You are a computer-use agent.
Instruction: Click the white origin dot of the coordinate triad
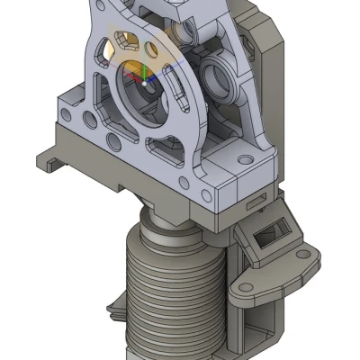point(143,83)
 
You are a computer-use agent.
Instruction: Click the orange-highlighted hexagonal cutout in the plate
point(127,41)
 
